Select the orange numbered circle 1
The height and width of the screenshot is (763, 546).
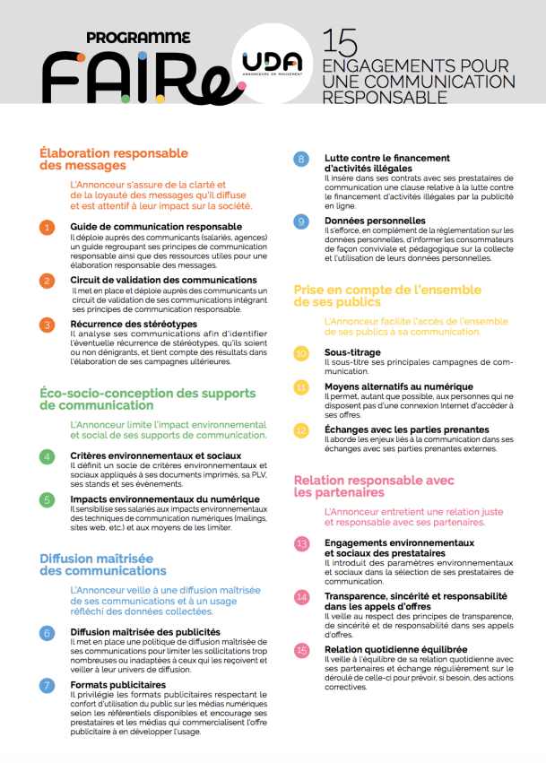(x=48, y=228)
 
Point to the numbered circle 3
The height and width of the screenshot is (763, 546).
(x=48, y=325)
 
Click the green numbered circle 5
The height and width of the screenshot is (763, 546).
(x=48, y=500)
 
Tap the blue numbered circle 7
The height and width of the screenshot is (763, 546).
(x=48, y=686)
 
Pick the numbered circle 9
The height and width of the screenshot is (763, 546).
(x=301, y=221)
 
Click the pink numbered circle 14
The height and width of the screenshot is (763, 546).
(x=301, y=596)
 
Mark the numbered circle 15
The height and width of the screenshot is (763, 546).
(x=301, y=650)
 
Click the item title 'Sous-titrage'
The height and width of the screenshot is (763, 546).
(x=354, y=352)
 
